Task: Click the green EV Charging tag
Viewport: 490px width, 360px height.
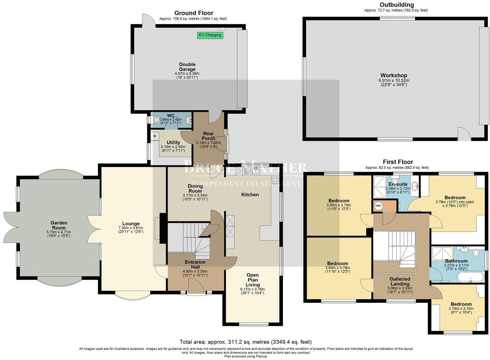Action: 210,35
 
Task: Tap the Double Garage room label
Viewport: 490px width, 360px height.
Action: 187,67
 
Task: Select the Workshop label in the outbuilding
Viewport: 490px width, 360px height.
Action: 394,75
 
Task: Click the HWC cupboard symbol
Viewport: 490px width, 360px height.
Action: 378,206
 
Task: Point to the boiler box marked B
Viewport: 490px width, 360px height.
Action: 155,136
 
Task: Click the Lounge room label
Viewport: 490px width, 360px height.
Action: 131,224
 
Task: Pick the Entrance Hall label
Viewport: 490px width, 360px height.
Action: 195,264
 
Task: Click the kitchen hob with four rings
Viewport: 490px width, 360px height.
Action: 275,180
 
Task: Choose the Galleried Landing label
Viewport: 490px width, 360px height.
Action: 400,281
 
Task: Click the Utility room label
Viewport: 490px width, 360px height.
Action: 173,142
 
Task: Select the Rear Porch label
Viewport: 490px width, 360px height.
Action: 208,136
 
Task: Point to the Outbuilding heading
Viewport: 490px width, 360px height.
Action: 397,5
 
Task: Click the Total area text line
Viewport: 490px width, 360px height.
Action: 246,342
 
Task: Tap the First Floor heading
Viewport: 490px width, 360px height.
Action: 398,162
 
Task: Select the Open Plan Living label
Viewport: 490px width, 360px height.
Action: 252,280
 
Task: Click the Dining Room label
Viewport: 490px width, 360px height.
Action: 195,188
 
